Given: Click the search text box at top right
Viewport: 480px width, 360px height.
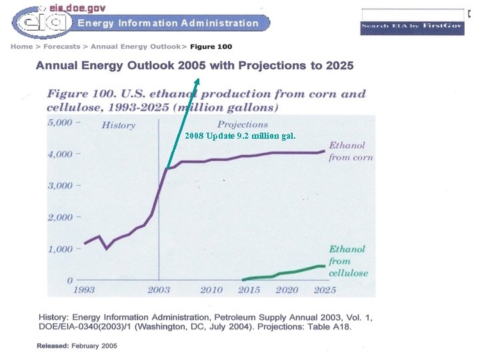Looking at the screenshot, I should click(x=412, y=14).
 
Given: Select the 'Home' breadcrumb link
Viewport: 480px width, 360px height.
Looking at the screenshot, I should click(x=21, y=47).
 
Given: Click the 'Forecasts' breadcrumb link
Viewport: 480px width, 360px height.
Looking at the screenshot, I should click(x=62, y=47).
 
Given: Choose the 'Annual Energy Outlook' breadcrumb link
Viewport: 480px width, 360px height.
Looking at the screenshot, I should click(x=135, y=47).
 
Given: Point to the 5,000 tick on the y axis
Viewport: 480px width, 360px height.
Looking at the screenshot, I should click(x=65, y=123).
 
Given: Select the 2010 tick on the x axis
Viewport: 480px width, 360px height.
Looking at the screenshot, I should click(x=211, y=290).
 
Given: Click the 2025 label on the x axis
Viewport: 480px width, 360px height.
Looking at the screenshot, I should click(x=325, y=290).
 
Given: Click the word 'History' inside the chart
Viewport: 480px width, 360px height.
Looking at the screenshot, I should click(x=118, y=125).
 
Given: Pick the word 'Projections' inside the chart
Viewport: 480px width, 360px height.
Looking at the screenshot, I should click(x=243, y=125).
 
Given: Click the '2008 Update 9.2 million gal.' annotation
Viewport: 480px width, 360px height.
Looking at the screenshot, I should click(x=240, y=136).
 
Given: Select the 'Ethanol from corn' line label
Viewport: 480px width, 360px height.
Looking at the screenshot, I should click(x=350, y=151).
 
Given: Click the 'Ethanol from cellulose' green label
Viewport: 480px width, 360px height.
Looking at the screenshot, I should click(x=348, y=261).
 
